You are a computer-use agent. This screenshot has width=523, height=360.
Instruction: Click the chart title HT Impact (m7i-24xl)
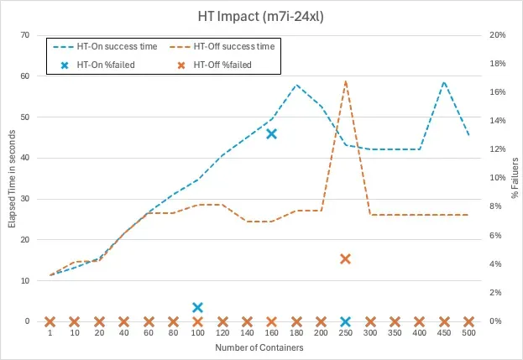pyautogui.click(x=261, y=14)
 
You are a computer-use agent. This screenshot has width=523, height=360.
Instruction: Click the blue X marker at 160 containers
pyautogui.click(x=271, y=133)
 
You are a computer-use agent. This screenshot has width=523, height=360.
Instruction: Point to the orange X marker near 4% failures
pyautogui.click(x=345, y=258)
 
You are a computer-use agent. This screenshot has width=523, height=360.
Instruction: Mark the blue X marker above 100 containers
pyautogui.click(x=197, y=308)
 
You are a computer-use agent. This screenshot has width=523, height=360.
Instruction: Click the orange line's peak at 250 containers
pyautogui.click(x=345, y=81)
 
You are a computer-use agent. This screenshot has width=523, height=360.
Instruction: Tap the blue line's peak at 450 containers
pyautogui.click(x=444, y=82)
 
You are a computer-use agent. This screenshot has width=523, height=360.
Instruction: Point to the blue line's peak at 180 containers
pyautogui.click(x=296, y=85)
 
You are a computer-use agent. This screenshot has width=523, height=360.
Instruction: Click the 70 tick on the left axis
pyautogui.click(x=25, y=35)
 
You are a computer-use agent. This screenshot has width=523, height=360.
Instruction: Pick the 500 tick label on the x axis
pyautogui.click(x=468, y=334)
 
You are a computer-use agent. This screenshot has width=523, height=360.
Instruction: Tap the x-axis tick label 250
pyautogui.click(x=345, y=334)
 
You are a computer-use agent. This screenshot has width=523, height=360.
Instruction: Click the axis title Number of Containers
pyautogui.click(x=259, y=347)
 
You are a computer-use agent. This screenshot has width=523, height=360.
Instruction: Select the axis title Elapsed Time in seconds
pyautogui.click(x=11, y=179)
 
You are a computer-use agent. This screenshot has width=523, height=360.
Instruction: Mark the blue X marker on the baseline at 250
pyautogui.click(x=345, y=321)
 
